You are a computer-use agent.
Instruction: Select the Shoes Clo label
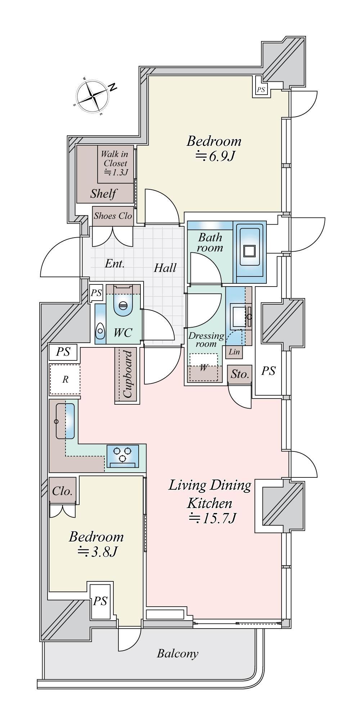click(113, 216)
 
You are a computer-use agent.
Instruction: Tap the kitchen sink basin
click(65, 421)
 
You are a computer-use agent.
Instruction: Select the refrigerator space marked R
click(65, 379)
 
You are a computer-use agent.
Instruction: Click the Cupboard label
click(127, 374)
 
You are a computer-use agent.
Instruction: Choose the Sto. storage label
click(240, 374)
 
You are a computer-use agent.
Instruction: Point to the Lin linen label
click(234, 352)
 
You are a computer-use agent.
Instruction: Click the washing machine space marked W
click(204, 367)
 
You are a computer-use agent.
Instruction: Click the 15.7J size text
click(212, 518)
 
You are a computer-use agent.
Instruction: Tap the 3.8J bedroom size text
click(97, 552)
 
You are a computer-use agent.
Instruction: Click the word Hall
click(165, 267)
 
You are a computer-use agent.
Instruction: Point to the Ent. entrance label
click(115, 264)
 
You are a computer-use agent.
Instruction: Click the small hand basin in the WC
click(100, 330)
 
